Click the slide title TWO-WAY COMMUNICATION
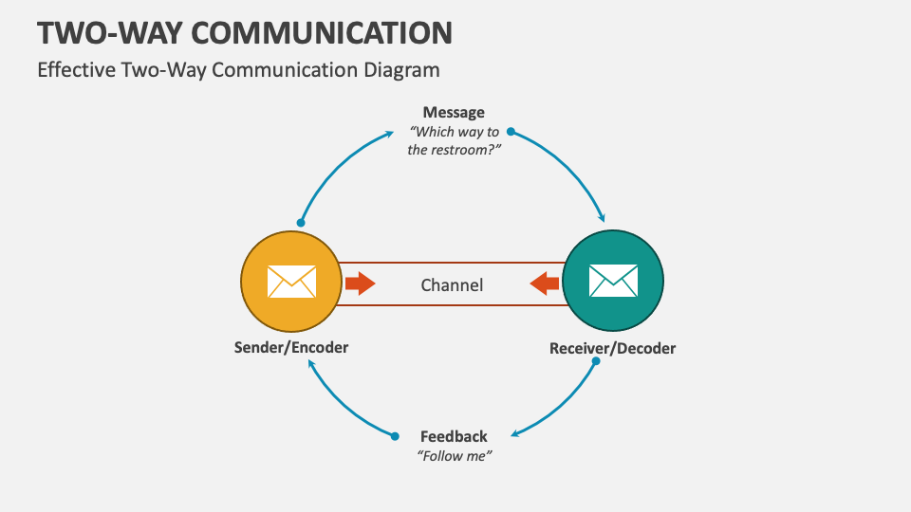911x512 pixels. click(245, 32)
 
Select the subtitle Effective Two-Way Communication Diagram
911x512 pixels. click(238, 69)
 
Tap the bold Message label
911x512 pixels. click(454, 112)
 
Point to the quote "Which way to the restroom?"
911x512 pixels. click(454, 140)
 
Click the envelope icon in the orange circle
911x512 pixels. click(291, 282)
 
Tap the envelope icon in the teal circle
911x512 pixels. click(613, 282)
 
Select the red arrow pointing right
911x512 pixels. click(360, 283)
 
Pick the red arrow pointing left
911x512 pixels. click(545, 283)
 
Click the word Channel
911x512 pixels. click(452, 284)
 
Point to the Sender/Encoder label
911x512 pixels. click(291, 347)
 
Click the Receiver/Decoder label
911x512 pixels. click(613, 348)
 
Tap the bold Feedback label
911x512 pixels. click(454, 436)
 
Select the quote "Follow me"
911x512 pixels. click(455, 456)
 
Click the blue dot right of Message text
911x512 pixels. click(511, 131)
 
